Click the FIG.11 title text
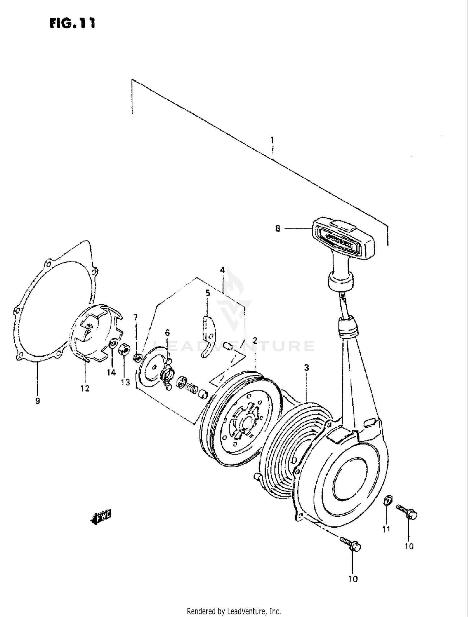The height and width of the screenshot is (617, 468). point(72,23)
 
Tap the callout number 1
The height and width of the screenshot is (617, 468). point(272,140)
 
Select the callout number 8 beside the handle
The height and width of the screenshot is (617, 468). point(278,229)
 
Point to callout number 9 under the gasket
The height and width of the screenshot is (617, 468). point(38,401)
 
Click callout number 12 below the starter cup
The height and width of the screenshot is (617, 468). point(85,388)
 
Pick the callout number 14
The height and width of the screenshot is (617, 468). point(111,372)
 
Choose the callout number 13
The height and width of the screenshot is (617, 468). point(125,382)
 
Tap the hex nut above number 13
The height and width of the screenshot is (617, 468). point(124,350)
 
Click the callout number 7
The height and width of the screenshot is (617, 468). point(135,317)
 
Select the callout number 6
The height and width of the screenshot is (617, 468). point(167,333)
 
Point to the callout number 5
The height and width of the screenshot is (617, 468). point(208,293)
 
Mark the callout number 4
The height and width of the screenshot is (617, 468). point(222,270)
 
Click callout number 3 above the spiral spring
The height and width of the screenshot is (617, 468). point(307,368)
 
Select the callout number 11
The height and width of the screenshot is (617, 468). point(386,530)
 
